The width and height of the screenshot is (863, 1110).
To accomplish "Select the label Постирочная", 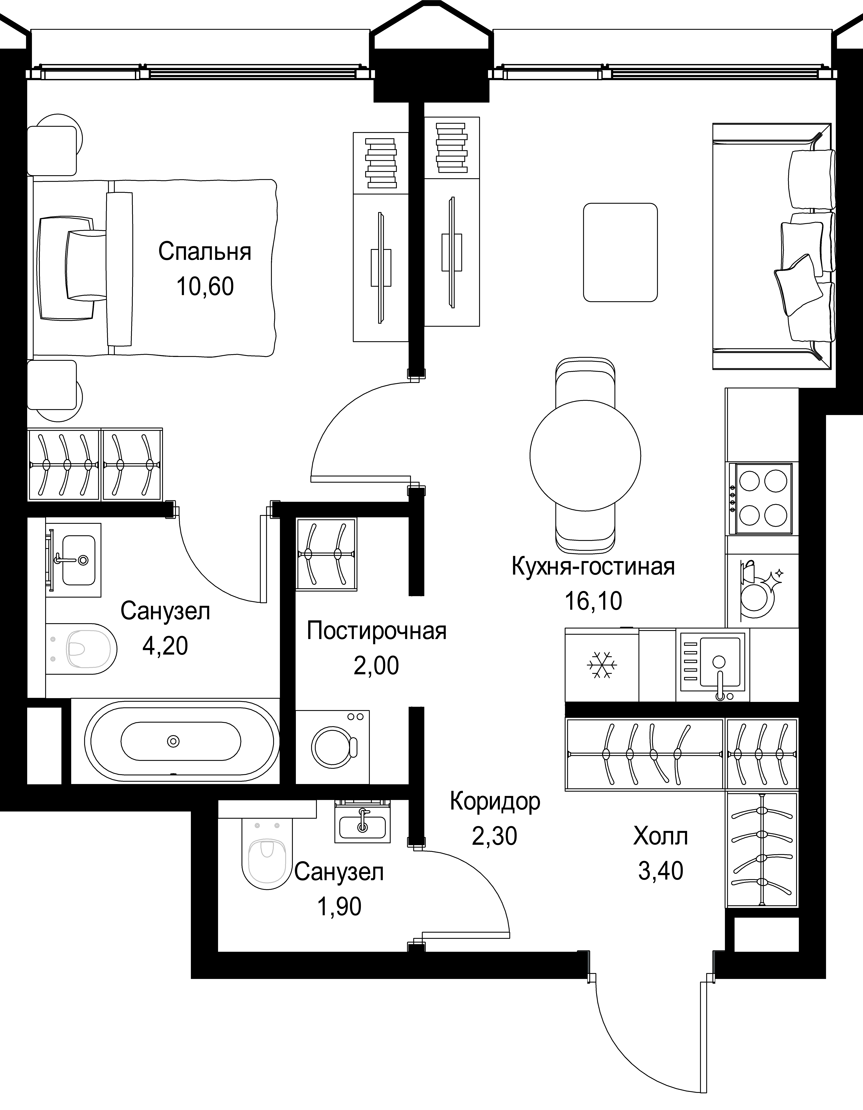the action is point(377,631).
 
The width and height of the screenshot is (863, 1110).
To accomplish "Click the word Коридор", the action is point(495,801).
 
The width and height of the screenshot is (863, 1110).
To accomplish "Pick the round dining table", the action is point(585,455).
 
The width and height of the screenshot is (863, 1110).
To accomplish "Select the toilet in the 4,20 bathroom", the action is point(81,649).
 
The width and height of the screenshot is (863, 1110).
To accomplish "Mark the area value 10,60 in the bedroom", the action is point(205,286).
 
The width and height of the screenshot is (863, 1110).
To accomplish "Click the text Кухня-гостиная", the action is point(593,566).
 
